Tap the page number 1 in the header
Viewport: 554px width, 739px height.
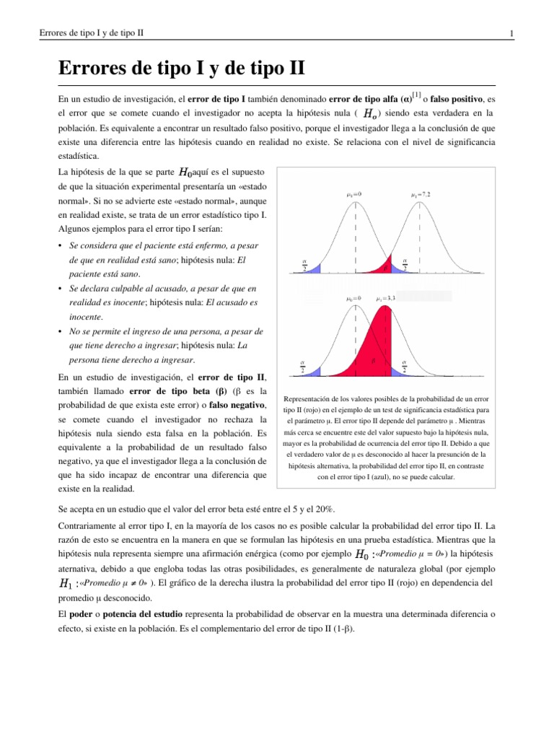point(511,34)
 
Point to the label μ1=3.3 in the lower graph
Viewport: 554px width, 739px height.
point(386,297)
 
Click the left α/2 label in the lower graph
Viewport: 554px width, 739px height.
point(303,367)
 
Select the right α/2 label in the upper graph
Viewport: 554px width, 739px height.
point(405,264)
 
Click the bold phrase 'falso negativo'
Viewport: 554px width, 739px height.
point(237,406)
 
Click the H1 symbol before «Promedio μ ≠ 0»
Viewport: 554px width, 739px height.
point(65,582)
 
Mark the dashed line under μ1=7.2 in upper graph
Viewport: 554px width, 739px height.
point(420,231)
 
